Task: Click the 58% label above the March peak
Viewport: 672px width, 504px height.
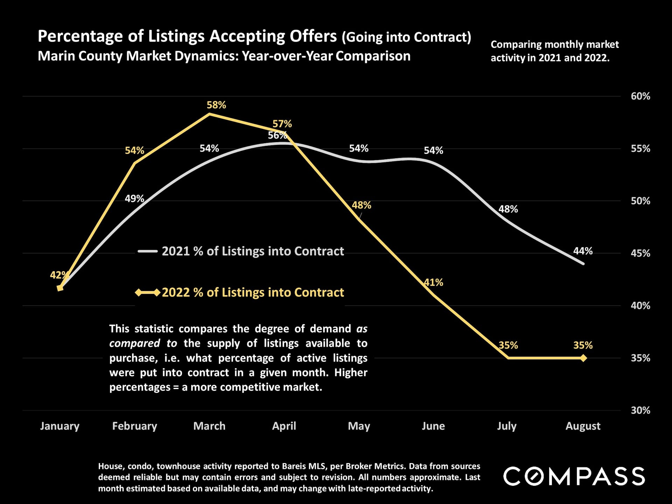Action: coord(216,105)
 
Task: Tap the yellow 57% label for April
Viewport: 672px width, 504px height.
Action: coord(282,124)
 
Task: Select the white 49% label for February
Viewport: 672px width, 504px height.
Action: coord(134,199)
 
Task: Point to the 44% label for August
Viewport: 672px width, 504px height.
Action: coord(583,251)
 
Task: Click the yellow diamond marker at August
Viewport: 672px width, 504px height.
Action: coord(583,358)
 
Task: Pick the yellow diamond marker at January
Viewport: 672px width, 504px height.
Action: coord(60,288)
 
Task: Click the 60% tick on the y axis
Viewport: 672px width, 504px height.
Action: coord(640,96)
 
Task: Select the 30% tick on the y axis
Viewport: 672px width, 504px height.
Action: coord(640,410)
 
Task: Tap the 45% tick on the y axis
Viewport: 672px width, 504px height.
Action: coord(640,253)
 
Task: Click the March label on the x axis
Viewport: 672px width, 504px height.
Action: coord(209,426)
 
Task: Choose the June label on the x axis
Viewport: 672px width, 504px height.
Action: coord(433,426)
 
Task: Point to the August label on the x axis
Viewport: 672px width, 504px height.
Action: coord(583,426)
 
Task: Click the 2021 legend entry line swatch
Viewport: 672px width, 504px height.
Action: coord(148,251)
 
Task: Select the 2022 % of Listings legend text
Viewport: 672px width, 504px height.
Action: coord(253,292)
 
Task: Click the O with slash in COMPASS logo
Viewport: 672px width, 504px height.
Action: coord(534,476)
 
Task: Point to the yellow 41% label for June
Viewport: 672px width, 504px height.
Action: coord(433,282)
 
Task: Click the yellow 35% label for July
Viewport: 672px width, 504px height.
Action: coord(508,345)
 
